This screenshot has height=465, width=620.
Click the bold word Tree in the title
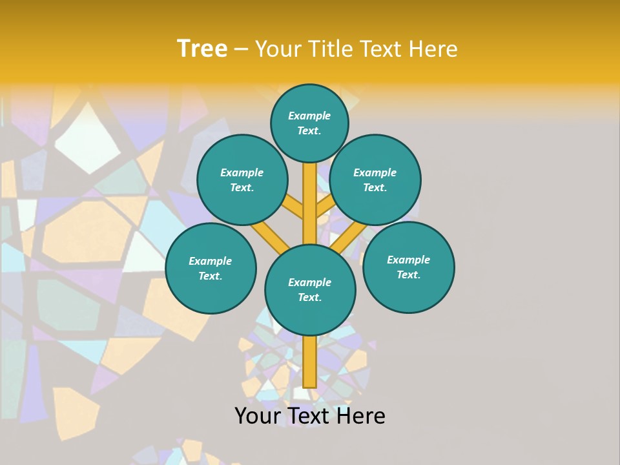coord(202,48)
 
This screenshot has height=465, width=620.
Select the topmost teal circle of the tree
coord(309,123)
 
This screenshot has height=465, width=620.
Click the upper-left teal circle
coord(242,180)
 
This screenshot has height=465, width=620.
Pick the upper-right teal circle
coord(375,180)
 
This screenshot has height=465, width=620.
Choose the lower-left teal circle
coord(211,268)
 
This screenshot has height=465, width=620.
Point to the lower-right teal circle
coord(409,267)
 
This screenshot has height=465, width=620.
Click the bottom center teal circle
coord(310,289)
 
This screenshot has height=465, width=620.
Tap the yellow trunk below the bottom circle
coord(310,362)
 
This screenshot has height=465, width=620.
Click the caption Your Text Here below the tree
coord(310,416)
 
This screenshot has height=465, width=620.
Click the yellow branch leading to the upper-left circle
coord(293,207)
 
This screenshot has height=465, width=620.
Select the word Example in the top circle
coord(309,116)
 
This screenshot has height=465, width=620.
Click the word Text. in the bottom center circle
coord(309,297)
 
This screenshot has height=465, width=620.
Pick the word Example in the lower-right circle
coord(408,260)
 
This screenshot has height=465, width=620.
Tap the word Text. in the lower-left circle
coord(210,276)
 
